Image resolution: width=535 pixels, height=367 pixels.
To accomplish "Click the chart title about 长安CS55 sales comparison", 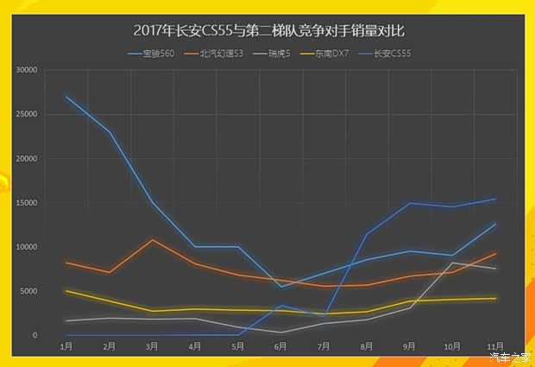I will pyautogui.click(x=268, y=30).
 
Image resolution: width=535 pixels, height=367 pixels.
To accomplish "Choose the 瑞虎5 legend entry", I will pyautogui.click(x=276, y=54).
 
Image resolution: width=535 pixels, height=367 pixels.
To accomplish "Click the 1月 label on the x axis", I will pyautogui.click(x=66, y=346).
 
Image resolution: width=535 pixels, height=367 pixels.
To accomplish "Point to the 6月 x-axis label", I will pyautogui.click(x=281, y=346).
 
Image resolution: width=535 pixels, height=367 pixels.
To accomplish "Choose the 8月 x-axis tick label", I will pyautogui.click(x=367, y=346).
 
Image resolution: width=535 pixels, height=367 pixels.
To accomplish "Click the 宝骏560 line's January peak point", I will pyautogui.click(x=66, y=96).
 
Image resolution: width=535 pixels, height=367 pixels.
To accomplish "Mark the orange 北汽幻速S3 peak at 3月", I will pyautogui.click(x=152, y=240).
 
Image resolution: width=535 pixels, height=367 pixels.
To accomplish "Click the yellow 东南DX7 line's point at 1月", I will pyautogui.click(x=66, y=291).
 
